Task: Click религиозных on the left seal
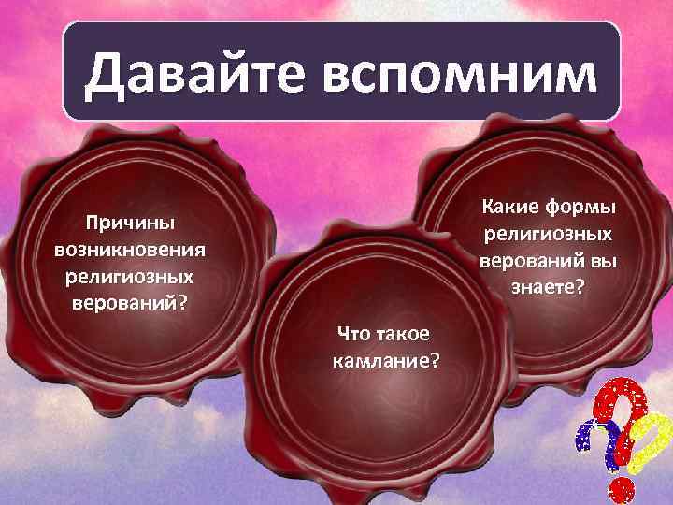coord(130,277)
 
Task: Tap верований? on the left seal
coord(130,303)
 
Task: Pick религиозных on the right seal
coord(549,233)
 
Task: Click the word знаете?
coord(549,287)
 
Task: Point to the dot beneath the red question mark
coord(623,488)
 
